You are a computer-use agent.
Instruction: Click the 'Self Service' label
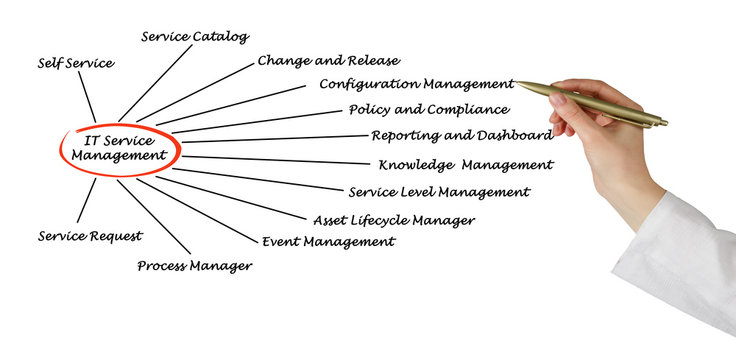tap(75, 63)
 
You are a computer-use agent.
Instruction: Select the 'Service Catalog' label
tap(194, 37)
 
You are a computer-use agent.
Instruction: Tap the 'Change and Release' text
tap(328, 61)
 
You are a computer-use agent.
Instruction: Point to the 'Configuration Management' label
tap(416, 84)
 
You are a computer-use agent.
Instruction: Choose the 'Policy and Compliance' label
tap(428, 110)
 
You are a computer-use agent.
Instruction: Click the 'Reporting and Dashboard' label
tap(461, 136)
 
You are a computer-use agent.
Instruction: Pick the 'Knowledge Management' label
tap(465, 165)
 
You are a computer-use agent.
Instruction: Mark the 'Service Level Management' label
tap(439, 192)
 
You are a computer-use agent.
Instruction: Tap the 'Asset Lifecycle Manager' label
tap(393, 220)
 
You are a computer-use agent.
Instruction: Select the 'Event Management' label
tap(328, 242)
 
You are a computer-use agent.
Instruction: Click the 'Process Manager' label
tap(194, 266)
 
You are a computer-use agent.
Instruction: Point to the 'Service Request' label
tap(90, 237)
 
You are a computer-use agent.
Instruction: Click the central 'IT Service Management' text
tap(119, 149)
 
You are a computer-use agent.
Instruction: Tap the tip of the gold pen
tap(519, 84)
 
